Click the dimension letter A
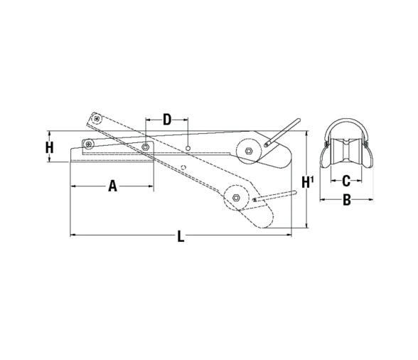[x=112, y=186]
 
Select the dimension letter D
[x=167, y=119]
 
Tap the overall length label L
[x=181, y=236]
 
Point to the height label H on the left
[x=49, y=148]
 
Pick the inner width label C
[x=347, y=180]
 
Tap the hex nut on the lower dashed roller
[x=233, y=196]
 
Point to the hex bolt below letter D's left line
[x=145, y=147]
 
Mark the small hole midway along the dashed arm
[x=183, y=168]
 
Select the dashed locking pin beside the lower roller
[x=276, y=197]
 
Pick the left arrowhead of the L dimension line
[x=73, y=234]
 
